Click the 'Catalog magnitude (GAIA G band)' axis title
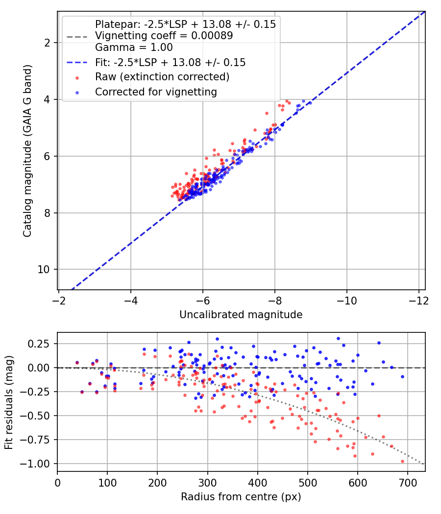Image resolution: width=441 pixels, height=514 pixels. [x=27, y=151]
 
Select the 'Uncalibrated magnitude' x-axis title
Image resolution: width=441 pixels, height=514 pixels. [x=241, y=315]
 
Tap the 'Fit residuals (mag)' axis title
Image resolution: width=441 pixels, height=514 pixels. [x=9, y=402]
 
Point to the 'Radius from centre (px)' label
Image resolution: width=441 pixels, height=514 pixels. [x=241, y=497]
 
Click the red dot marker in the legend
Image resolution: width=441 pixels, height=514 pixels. [x=77, y=78]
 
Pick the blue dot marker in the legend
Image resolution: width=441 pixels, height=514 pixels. [x=77, y=93]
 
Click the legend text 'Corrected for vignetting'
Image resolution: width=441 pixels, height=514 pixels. [x=156, y=92]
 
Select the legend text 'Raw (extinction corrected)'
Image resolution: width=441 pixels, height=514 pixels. [x=162, y=77]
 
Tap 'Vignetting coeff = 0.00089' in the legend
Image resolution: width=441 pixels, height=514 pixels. [x=164, y=36]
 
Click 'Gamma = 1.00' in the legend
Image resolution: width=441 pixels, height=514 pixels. [x=134, y=47]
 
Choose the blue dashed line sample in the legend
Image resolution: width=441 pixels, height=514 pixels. [x=77, y=62]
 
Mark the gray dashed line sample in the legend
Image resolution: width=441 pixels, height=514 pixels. [x=77, y=37]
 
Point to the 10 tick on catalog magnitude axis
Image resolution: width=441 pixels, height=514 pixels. [x=43, y=270]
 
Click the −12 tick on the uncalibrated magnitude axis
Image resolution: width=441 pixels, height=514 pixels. [x=418, y=301]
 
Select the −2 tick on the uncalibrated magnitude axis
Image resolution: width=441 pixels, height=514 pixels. [x=59, y=301]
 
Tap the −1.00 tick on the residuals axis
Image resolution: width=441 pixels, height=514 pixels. [x=34, y=464]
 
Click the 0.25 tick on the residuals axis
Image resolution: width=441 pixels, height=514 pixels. [x=38, y=344]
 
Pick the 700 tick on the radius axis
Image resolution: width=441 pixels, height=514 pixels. [x=408, y=483]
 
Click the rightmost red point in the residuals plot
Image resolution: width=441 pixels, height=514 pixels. [x=403, y=462]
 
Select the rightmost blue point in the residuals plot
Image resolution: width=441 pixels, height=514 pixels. [x=403, y=377]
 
